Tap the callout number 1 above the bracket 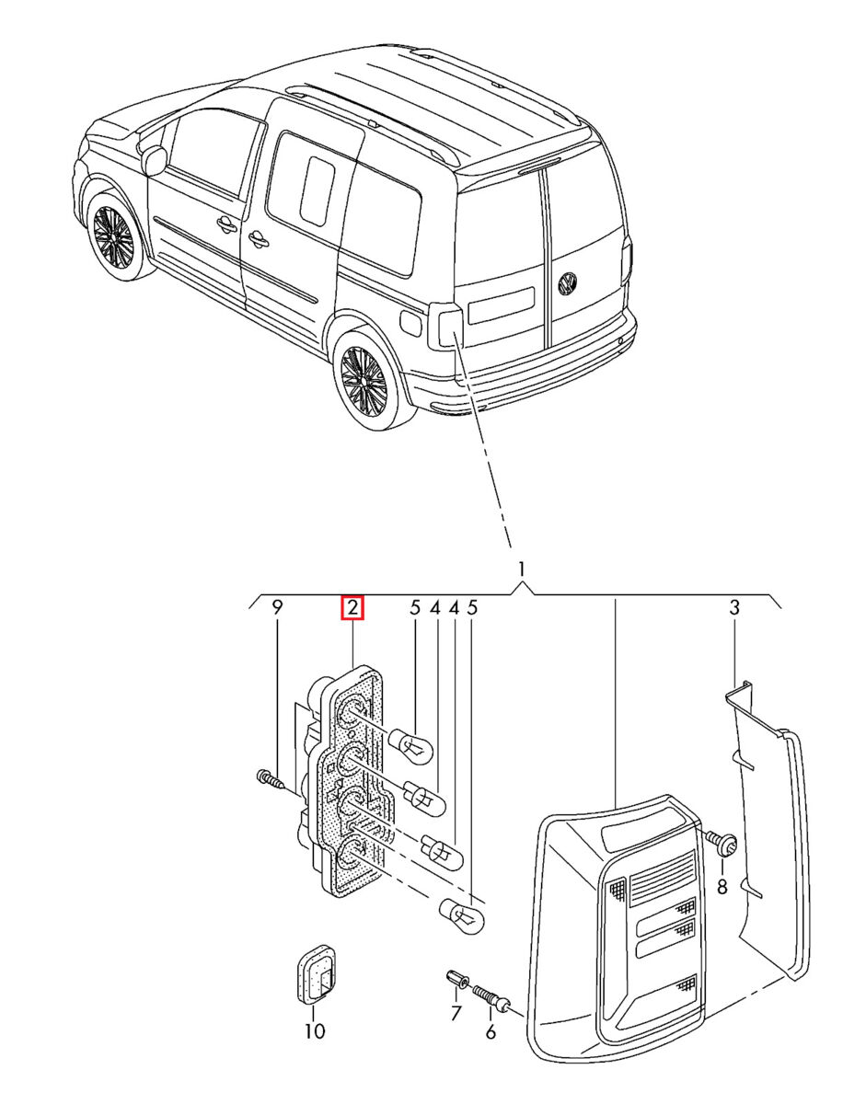(521, 569)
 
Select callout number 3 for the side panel (734, 607)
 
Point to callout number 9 (275, 608)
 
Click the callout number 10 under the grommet (315, 1031)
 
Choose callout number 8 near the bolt (722, 887)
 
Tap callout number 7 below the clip (455, 1014)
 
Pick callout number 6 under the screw (491, 1032)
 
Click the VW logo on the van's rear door (568, 284)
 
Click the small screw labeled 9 (270, 781)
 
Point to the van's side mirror (153, 159)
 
